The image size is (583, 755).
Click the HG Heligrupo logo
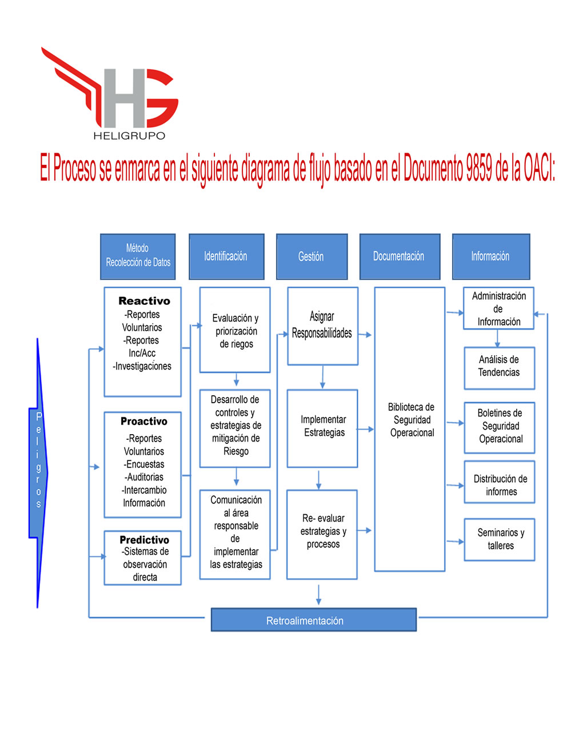(x=110, y=93)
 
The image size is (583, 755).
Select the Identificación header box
(x=226, y=256)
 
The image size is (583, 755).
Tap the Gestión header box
(x=312, y=256)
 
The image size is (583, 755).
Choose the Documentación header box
(x=400, y=256)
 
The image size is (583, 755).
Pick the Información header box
(x=491, y=256)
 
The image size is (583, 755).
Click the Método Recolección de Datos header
(x=138, y=256)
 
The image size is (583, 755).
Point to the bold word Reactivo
(x=145, y=300)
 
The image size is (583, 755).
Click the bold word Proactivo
(x=144, y=421)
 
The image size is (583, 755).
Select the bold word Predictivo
(x=145, y=539)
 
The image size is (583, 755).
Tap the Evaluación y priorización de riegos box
(x=235, y=329)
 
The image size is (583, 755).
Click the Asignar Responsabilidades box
(x=322, y=326)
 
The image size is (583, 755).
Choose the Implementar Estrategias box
(x=322, y=428)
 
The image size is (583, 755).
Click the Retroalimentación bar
(x=314, y=621)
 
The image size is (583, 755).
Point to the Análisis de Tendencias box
(x=500, y=368)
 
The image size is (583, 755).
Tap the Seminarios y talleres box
(x=500, y=539)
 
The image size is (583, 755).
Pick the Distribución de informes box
(x=500, y=482)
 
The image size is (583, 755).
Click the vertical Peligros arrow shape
(x=38, y=472)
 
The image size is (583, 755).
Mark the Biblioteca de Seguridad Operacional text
(x=412, y=420)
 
